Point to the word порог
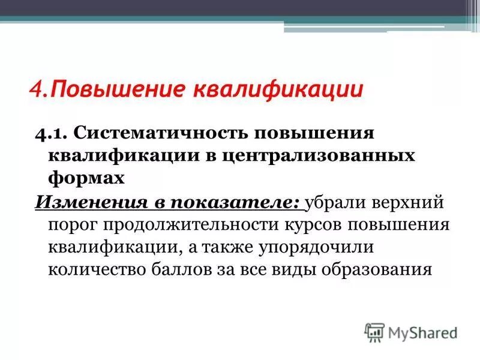click(x=71, y=224)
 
